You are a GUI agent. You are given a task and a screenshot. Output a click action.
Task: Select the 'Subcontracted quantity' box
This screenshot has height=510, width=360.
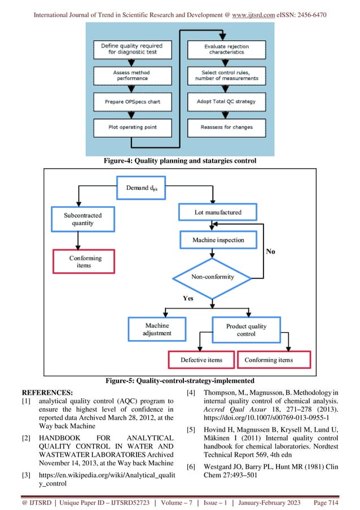click(x=83, y=219)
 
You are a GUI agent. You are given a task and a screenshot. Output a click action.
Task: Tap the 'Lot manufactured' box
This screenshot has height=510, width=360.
click(x=218, y=212)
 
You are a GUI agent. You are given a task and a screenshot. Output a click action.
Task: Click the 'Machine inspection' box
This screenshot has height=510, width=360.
click(x=218, y=240)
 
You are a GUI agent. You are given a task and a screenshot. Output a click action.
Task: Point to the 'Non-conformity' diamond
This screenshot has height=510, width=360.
click(x=212, y=277)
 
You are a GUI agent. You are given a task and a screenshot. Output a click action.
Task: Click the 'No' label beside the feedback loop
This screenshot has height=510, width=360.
click(x=270, y=251)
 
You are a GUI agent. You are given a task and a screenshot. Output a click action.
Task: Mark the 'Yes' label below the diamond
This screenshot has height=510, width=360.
click(x=188, y=298)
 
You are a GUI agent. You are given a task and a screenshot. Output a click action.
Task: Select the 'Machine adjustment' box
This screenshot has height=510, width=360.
click(x=157, y=329)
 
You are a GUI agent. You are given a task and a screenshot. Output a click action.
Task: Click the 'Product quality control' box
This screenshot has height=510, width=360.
click(x=246, y=330)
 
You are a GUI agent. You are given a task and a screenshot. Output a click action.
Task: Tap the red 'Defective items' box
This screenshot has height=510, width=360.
click(x=201, y=360)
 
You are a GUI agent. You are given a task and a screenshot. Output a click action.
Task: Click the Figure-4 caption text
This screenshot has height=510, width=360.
click(x=179, y=161)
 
